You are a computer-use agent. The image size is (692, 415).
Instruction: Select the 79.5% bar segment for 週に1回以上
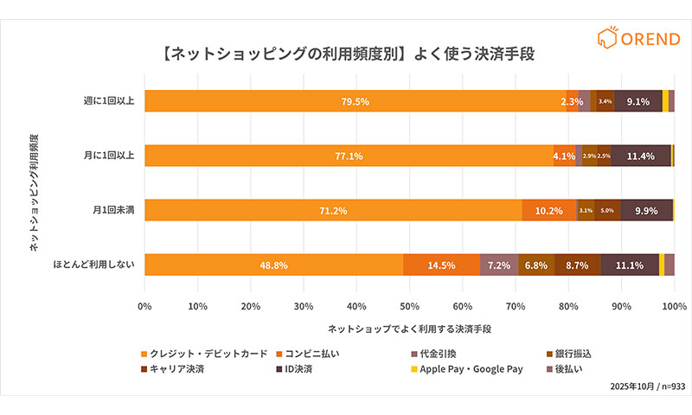[355, 101]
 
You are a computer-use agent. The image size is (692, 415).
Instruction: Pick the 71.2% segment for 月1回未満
[333, 211]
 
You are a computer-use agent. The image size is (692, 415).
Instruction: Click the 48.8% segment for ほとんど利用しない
[273, 265]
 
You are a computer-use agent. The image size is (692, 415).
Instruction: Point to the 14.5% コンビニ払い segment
[441, 265]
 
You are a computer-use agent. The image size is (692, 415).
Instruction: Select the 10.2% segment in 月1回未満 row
[548, 211]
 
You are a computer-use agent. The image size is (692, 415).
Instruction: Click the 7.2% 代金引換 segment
[498, 265]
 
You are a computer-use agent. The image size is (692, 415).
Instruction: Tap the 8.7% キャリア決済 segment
[577, 265]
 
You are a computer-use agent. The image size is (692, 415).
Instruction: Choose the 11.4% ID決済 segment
[640, 156]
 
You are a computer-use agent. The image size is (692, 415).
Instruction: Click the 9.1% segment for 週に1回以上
[638, 101]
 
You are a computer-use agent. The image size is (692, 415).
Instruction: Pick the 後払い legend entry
[572, 369]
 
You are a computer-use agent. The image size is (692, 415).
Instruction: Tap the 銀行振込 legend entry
[572, 354]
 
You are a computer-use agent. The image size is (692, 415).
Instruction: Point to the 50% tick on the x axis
[409, 305]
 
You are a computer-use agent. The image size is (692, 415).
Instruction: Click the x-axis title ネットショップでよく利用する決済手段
[409, 329]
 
